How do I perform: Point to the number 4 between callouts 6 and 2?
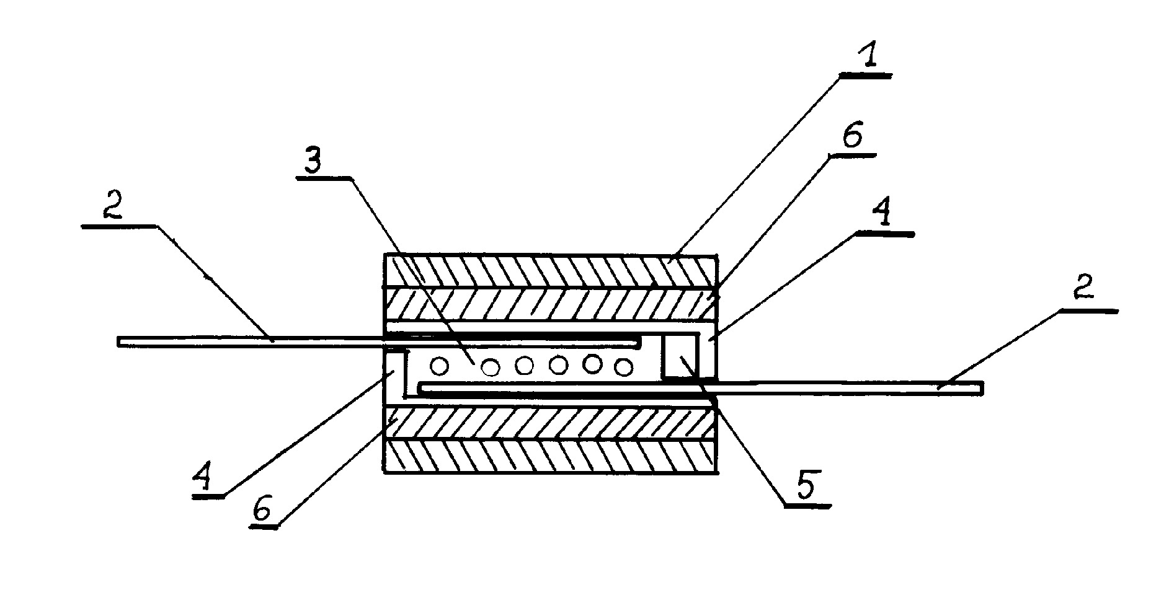coord(881,214)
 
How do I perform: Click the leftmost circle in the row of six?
coord(440,367)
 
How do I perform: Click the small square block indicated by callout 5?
coord(681,355)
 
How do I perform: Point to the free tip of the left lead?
coord(118,341)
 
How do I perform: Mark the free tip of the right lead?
coord(982,387)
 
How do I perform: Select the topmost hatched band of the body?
coord(551,270)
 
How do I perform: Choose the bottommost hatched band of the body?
coord(551,457)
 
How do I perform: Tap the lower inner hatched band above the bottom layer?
coord(551,424)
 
